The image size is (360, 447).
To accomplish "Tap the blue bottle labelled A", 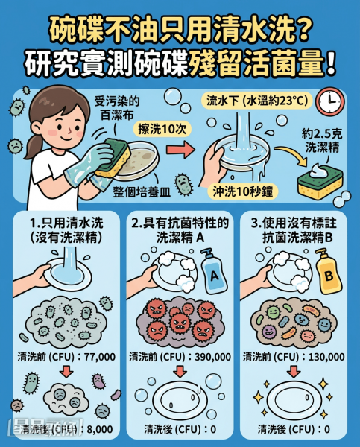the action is tap(213, 271).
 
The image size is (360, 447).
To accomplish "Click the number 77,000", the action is tap(100, 357).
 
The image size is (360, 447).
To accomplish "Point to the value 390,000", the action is tap(213, 357).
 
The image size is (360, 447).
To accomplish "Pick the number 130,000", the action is tap(326, 357).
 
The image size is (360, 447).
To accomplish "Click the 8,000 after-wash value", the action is tap(99, 429).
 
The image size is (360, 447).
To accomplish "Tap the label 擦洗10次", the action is tap(162, 130).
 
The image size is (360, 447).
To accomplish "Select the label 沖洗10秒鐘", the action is tap(242, 192).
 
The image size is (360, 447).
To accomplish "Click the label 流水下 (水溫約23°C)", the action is tap(257, 101).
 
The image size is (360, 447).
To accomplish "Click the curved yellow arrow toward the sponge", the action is tap(292, 156).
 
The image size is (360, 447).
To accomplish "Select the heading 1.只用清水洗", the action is tap(66, 223).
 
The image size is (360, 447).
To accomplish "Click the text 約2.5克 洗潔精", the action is tap(322, 141).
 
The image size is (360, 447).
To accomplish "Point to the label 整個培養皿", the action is tap(142, 192).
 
